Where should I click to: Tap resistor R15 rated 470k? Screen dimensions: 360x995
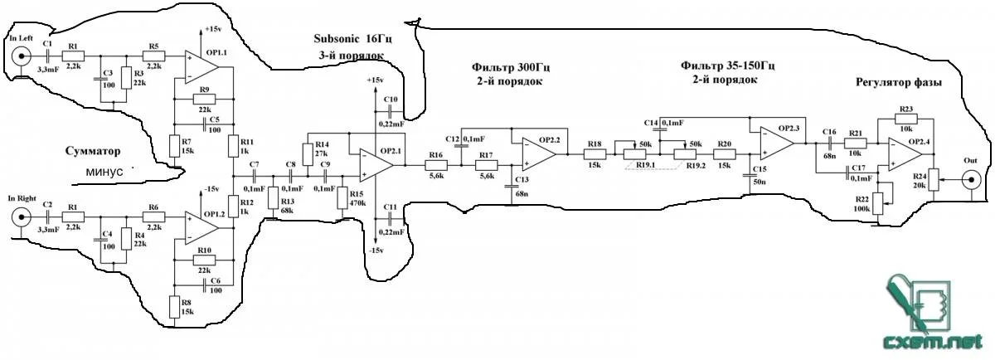342,199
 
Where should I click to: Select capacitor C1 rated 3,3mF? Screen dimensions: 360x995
47,56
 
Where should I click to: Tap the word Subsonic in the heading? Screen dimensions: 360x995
337,39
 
